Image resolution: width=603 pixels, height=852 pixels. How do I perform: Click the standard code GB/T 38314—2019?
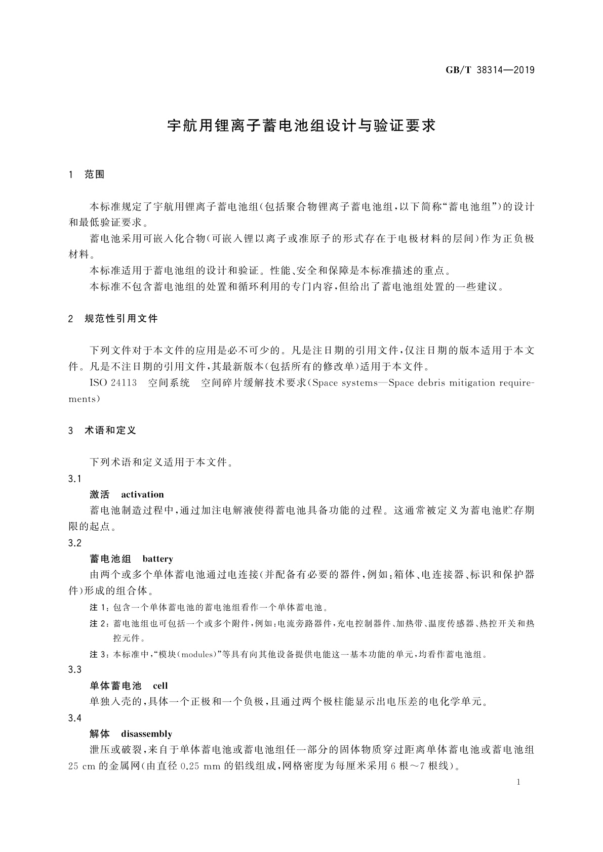coord(490,70)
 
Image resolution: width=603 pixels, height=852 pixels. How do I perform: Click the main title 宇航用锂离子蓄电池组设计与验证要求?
coord(301,125)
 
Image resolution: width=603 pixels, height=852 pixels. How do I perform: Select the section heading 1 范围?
coord(87,175)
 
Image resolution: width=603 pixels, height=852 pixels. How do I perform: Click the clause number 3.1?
coord(75,479)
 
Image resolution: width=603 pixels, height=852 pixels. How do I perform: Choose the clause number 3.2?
coord(75,543)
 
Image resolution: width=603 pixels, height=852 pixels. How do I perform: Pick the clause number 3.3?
coord(75,670)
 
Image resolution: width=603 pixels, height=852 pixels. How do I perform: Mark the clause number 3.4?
coord(75,718)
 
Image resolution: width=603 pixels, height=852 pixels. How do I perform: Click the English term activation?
coord(142,495)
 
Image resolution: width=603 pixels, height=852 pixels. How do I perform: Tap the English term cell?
coord(160,686)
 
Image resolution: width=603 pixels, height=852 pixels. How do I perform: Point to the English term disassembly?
coord(146,734)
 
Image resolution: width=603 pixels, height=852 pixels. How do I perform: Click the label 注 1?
coord(99,607)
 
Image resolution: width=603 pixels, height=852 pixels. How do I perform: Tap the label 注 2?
coord(99,623)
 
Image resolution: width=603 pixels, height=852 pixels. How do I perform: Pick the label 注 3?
coord(99,655)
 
